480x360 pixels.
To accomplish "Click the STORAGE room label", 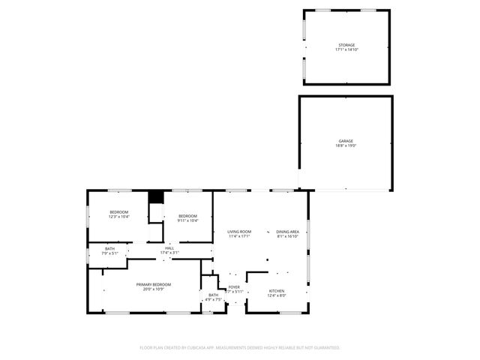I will pyautogui.click(x=346, y=45).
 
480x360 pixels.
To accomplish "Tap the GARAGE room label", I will pyautogui.click(x=345, y=140).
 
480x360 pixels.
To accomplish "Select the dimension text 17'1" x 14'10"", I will pyautogui.click(x=346, y=50).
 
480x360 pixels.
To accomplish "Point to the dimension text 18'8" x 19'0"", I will pyautogui.click(x=345, y=145).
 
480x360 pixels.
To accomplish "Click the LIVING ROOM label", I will pyautogui.click(x=239, y=232).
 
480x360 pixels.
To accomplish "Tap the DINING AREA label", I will pyautogui.click(x=287, y=232).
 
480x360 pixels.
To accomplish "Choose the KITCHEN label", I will pyautogui.click(x=277, y=290).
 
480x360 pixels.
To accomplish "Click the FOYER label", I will pyautogui.click(x=234, y=286).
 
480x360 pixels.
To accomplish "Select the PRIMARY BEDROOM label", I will pyautogui.click(x=153, y=284).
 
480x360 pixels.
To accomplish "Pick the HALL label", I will pyautogui.click(x=169, y=248).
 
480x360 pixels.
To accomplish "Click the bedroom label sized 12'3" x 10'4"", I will pyautogui.click(x=119, y=212).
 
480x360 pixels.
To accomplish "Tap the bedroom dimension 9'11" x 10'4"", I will pyautogui.click(x=187, y=220).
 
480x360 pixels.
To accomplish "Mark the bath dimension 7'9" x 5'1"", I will pyautogui.click(x=110, y=253).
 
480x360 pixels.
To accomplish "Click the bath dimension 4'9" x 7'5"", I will pyautogui.click(x=213, y=300).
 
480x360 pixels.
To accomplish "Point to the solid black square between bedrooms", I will pyautogui.click(x=156, y=196).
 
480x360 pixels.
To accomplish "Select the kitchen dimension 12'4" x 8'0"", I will pyautogui.click(x=277, y=295).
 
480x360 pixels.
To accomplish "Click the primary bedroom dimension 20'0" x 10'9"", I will pyautogui.click(x=153, y=289).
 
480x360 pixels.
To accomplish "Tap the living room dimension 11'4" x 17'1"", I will pyautogui.click(x=239, y=237).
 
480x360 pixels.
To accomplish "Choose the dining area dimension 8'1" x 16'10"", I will pyautogui.click(x=287, y=237).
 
